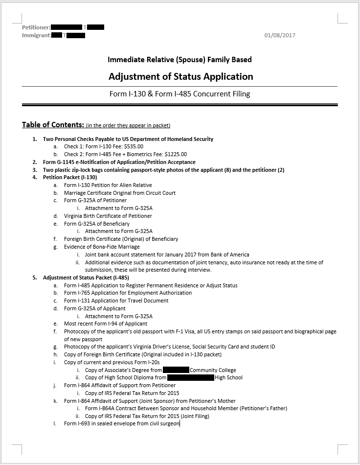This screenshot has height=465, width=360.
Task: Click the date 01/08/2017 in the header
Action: [x=280, y=35]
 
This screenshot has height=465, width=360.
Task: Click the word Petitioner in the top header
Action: [x=36, y=27]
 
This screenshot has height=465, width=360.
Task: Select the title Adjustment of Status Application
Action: [x=180, y=76]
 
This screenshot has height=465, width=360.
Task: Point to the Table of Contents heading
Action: [x=53, y=125]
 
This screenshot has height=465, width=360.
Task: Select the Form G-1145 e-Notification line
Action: [x=119, y=162]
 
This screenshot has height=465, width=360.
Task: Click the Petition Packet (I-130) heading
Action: [x=70, y=177]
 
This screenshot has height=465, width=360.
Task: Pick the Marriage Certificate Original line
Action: [x=120, y=193]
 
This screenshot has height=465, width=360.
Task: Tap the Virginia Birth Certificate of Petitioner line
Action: [x=108, y=216]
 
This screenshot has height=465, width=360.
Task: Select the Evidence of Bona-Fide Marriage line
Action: [x=102, y=247]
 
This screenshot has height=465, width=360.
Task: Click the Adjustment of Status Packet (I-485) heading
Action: [x=86, y=278]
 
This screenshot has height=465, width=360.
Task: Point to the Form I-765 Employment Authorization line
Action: [x=128, y=293]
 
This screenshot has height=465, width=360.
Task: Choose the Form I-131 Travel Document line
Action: [x=116, y=301]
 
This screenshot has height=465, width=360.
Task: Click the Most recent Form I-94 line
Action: [x=106, y=324]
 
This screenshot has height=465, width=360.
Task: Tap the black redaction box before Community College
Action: [x=176, y=370]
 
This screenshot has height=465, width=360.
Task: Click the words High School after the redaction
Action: [x=228, y=377]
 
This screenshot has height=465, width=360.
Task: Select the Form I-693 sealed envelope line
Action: [x=122, y=423]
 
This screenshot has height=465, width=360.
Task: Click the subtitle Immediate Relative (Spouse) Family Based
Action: [x=180, y=60]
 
